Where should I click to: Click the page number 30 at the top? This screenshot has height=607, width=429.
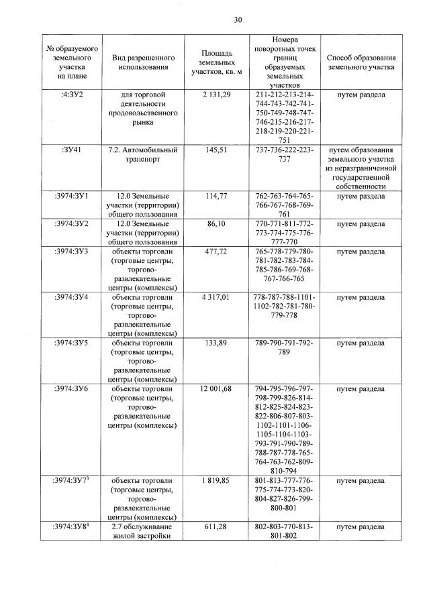point(237,19)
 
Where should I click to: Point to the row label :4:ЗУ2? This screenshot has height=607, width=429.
point(72,95)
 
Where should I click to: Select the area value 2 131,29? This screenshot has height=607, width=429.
point(216,95)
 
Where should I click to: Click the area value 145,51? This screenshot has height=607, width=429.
point(216,150)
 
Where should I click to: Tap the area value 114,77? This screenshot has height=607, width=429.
point(216,196)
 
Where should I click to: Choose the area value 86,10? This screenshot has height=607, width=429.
point(216,223)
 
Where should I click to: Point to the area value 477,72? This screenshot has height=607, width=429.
point(216,252)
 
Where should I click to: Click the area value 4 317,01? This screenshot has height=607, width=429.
point(216,297)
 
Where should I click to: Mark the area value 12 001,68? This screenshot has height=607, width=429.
point(216,389)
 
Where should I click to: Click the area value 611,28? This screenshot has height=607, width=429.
point(216,527)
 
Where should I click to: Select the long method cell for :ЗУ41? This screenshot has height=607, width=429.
point(361,168)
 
